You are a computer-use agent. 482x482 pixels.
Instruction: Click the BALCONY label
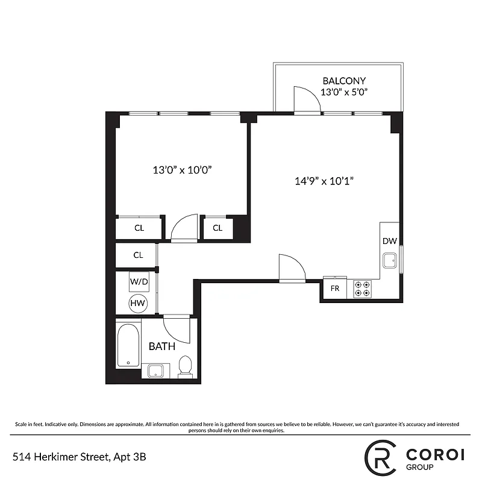point(344,81)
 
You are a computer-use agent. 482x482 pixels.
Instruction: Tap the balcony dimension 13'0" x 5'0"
point(344,92)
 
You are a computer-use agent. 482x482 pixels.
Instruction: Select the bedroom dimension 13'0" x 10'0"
point(181,170)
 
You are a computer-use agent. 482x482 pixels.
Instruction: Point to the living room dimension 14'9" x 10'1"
point(324,181)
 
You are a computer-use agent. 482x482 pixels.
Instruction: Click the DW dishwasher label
point(389,241)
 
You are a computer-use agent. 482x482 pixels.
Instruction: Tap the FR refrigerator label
point(335,289)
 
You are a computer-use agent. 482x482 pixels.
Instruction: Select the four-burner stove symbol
point(362,289)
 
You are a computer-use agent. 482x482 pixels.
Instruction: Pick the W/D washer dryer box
point(139,281)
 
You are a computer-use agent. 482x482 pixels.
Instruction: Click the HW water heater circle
point(138,304)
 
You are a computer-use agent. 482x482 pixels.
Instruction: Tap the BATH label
point(162,346)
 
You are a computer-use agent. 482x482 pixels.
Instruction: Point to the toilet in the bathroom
point(185,366)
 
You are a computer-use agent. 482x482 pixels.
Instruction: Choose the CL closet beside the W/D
point(139,255)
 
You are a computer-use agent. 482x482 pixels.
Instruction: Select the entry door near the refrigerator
point(292,268)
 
